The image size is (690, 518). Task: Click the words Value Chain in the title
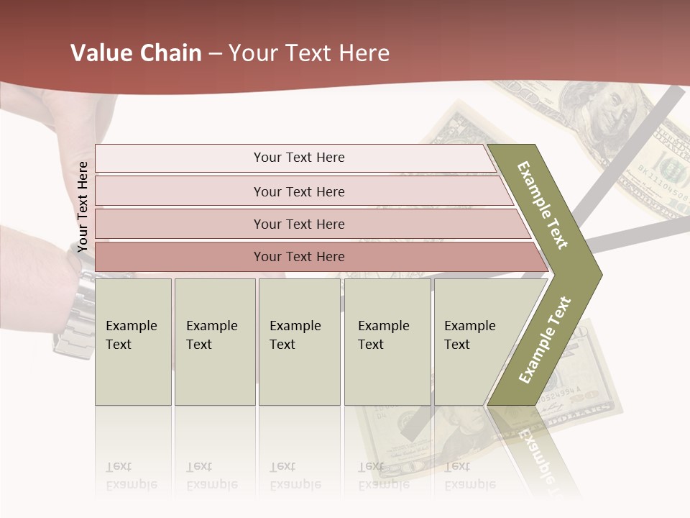coord(136,53)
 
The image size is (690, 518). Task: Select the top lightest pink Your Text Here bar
coord(298,158)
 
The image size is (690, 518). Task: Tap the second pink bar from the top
coord(298,191)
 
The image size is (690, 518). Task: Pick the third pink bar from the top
coord(298,224)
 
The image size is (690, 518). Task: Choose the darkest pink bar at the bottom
coord(298,257)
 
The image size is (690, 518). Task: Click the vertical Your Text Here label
coord(83,206)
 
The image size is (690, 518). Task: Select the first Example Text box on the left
coord(133,342)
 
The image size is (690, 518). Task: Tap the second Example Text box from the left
coord(214,342)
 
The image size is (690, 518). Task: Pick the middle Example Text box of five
coord(299,342)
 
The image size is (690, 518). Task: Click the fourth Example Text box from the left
coord(387,342)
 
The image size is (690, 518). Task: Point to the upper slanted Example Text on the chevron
coord(543,205)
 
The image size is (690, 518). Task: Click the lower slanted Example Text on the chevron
coord(545,340)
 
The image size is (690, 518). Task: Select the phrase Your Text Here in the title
coord(309,53)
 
